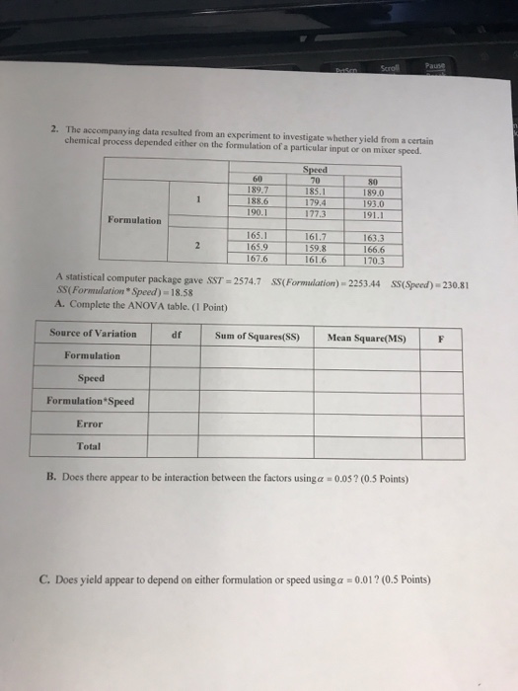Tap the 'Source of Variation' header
94,335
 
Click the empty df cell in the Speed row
176,378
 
